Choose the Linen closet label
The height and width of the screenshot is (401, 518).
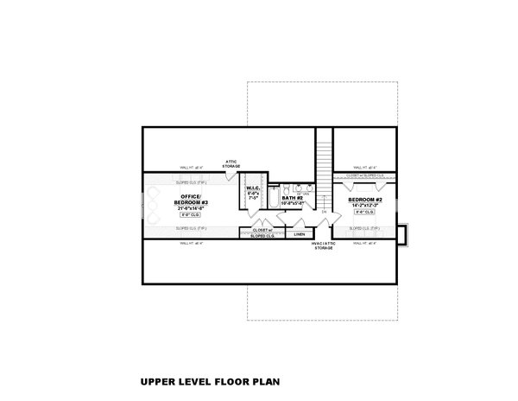(x=299, y=233)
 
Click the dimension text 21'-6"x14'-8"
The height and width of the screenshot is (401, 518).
(x=192, y=207)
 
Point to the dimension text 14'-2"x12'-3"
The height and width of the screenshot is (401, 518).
(x=363, y=205)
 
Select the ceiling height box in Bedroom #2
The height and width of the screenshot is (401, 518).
(x=363, y=212)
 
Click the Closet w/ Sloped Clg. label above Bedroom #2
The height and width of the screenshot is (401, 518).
(x=365, y=175)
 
